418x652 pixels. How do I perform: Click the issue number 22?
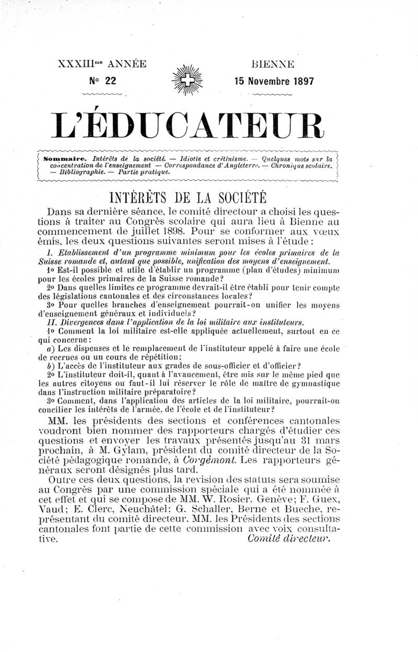click(110, 80)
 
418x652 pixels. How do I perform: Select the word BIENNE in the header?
click(273, 65)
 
